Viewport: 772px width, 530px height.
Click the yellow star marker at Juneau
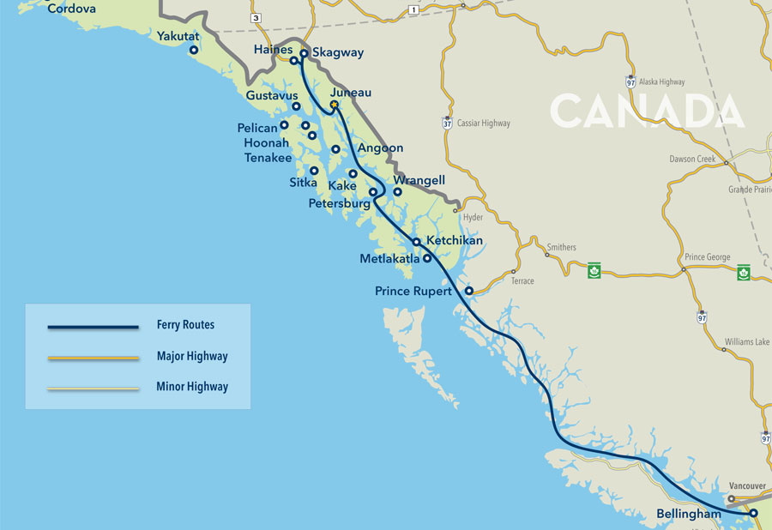pyautogui.click(x=335, y=105)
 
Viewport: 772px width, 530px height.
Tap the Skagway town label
pyautogui.click(x=338, y=52)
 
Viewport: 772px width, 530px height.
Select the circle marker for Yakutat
pyautogui.click(x=194, y=51)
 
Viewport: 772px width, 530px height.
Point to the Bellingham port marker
pyautogui.click(x=753, y=513)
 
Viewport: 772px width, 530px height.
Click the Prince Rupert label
pyautogui.click(x=413, y=292)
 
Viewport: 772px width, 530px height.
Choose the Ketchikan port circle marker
pyautogui.click(x=416, y=242)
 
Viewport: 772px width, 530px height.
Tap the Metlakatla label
pyautogui.click(x=389, y=258)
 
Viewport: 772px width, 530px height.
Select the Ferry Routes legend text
pyautogui.click(x=185, y=325)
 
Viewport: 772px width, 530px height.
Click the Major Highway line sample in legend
pyautogui.click(x=93, y=357)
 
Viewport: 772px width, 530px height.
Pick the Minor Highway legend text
pyautogui.click(x=192, y=387)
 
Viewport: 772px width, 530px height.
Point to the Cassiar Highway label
pyautogui.click(x=484, y=123)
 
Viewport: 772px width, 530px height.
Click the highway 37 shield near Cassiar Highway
pyautogui.click(x=447, y=123)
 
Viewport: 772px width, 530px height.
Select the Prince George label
pyautogui.click(x=708, y=257)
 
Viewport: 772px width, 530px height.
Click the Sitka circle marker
pyautogui.click(x=314, y=171)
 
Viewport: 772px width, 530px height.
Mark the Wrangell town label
pyautogui.click(x=419, y=181)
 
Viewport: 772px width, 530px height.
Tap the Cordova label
pyautogui.click(x=71, y=9)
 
